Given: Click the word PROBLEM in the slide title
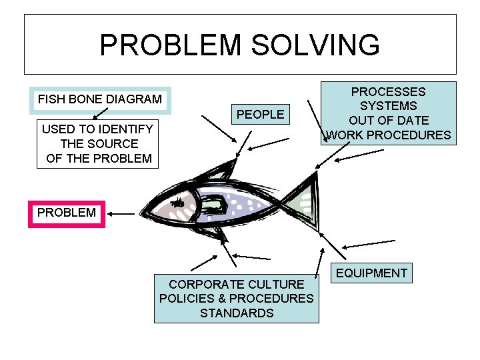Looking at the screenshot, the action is tap(169, 45).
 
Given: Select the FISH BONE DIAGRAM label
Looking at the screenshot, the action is tap(100, 99).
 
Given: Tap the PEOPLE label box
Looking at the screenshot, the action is tap(260, 115).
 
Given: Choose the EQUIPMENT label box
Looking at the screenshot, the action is tap(371, 273).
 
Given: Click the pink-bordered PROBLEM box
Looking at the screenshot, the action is tap(67, 213).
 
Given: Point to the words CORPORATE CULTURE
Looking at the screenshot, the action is tap(236, 285).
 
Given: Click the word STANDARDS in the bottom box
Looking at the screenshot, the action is tap(237, 313).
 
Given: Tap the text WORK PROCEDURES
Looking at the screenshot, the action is tap(388, 135).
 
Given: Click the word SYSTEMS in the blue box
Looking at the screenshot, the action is tap(388, 106).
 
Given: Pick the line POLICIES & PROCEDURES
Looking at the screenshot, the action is tap(236, 299).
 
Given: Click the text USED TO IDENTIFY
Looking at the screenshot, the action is tap(97, 129).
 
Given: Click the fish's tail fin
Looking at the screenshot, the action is tap(304, 200).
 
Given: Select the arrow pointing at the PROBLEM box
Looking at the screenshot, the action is tap(122, 213).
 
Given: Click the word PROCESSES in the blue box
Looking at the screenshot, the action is tap(388, 91).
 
